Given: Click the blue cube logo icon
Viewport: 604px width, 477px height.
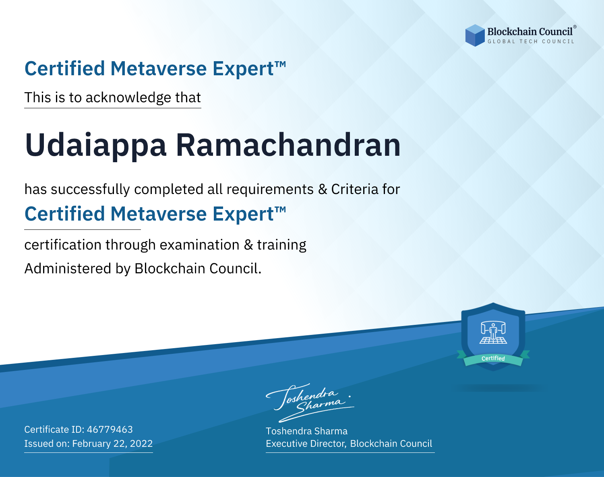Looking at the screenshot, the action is [475, 35].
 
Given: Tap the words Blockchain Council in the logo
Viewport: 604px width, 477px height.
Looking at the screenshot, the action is [530, 31].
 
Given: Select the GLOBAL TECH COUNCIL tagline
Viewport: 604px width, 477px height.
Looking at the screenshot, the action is [531, 41].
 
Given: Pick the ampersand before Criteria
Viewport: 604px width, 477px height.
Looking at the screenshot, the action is [323, 189].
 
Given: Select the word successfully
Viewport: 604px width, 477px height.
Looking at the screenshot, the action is [90, 190].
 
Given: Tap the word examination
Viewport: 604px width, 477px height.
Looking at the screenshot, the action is [200, 244].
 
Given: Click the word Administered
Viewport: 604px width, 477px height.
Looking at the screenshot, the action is [68, 268].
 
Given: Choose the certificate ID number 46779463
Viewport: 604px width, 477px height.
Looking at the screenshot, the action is [110, 429].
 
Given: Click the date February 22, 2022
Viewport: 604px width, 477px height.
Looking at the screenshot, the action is [112, 443].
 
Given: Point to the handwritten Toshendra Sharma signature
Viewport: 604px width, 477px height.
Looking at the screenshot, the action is [310, 403].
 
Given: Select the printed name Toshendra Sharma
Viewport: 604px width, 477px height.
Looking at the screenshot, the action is [306, 431].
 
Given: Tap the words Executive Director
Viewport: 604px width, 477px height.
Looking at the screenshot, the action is [305, 444].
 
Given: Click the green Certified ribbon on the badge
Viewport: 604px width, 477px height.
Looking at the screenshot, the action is [493, 359].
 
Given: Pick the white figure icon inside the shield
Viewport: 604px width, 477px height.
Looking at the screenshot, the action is [493, 332].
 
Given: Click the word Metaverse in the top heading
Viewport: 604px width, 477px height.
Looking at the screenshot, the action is [159, 68].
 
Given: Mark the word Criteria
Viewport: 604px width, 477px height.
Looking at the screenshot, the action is [355, 189].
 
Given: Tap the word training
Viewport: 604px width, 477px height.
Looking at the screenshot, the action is [281, 245].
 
